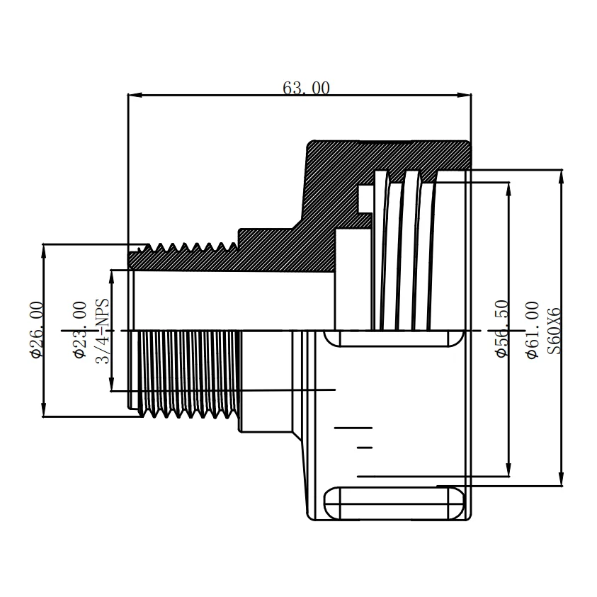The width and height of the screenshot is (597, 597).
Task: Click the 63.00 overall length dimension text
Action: (306, 89)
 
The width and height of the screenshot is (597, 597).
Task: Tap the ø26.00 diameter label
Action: (36, 329)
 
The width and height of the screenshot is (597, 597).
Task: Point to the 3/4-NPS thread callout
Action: (103, 329)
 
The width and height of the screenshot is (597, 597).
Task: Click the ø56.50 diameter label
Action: (501, 329)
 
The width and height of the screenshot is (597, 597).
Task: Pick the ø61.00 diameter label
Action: (533, 329)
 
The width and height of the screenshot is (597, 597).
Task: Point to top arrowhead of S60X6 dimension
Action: (561, 175)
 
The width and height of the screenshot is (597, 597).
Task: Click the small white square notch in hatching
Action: (365, 198)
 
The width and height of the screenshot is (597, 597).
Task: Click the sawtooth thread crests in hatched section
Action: (191, 247)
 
